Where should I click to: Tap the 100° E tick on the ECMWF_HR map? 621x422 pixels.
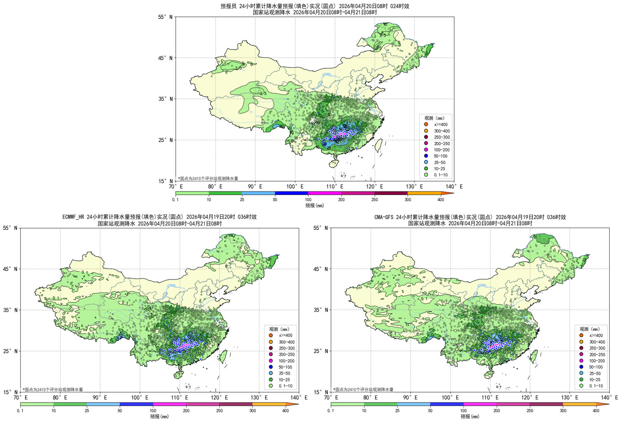click(139, 397)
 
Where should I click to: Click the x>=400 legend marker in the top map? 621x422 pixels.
click(426, 124)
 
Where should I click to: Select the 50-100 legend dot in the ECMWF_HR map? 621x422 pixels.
click(271, 367)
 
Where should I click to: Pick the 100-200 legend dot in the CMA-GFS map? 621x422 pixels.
click(581, 361)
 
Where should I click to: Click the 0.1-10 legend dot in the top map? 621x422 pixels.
click(426, 175)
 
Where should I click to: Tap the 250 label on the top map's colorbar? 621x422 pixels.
click(375, 200)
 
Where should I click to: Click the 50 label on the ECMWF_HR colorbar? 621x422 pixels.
click(120, 411)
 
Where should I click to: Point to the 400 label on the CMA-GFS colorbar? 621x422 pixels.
click(596, 411)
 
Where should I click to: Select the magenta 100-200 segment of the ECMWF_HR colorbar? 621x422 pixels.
click(169, 404)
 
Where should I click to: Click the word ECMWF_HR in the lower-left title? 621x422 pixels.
click(74, 217)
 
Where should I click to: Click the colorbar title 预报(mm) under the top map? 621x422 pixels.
click(314, 206)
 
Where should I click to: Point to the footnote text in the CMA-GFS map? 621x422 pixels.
click(363, 389)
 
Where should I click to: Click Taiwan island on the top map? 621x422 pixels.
click(378, 145)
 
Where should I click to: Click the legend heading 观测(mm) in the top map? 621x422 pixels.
click(434, 118)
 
